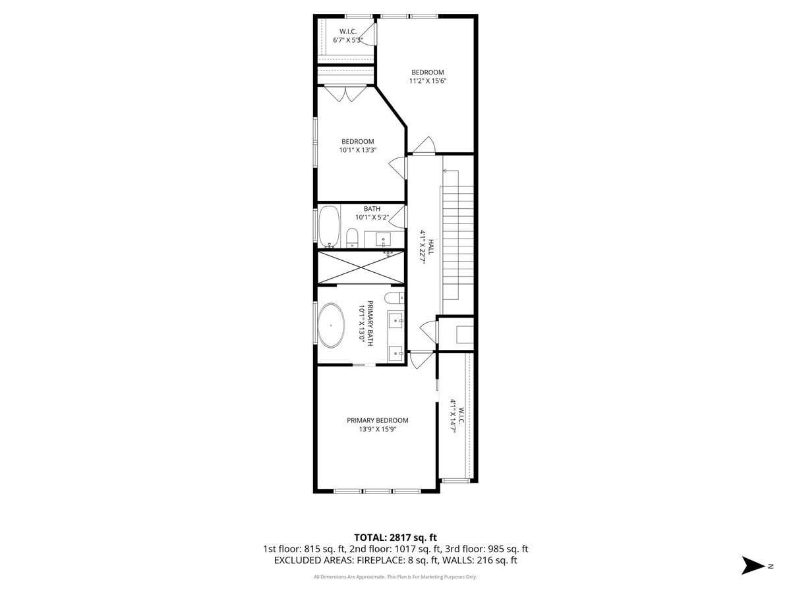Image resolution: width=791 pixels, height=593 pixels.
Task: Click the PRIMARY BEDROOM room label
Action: (x=378, y=420)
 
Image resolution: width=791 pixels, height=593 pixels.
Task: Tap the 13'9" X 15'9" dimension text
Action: (x=378, y=429)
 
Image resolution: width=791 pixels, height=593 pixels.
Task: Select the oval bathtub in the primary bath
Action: (x=331, y=325)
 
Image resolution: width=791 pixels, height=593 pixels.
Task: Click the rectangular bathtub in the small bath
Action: (x=329, y=227)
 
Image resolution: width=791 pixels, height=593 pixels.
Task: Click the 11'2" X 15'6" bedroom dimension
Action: (x=428, y=81)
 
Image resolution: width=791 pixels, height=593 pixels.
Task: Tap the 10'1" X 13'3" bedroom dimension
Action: (x=358, y=150)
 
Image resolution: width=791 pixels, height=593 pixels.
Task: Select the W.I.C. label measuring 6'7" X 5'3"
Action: (x=348, y=32)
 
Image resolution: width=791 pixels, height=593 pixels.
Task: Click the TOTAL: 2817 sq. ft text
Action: (x=395, y=538)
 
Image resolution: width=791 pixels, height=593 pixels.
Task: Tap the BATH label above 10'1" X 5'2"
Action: (x=372, y=209)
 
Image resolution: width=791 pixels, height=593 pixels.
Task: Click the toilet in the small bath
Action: (x=352, y=237)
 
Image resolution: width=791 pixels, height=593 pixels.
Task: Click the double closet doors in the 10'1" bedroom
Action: (x=347, y=94)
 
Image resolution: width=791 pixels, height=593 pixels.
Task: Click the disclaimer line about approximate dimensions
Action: (x=395, y=577)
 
